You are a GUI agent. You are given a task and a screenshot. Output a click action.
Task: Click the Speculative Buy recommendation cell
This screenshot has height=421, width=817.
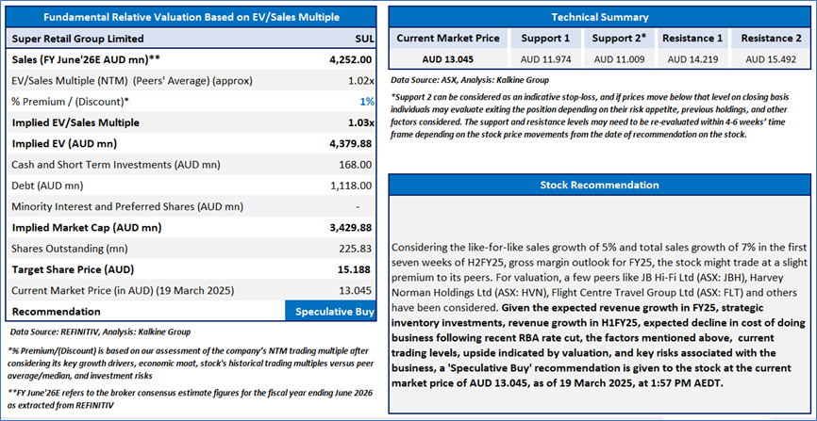click(x=329, y=311)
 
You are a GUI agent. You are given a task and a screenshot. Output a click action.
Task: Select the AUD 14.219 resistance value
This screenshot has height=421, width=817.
click(x=693, y=59)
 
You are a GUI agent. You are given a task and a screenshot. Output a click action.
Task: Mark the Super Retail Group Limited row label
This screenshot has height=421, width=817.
click(x=77, y=39)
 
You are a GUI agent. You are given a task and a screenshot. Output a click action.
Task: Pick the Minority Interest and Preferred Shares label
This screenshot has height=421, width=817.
click(x=105, y=206)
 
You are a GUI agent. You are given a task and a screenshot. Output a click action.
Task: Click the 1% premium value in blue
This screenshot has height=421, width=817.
click(x=367, y=102)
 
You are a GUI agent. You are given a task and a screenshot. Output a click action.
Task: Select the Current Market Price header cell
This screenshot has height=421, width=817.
click(x=448, y=39)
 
